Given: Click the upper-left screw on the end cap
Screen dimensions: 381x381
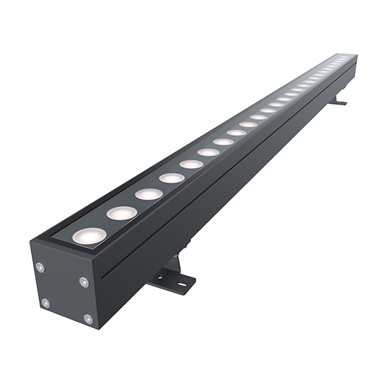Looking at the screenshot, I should point(40,266).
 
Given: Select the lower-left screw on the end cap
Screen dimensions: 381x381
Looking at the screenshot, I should point(44,303).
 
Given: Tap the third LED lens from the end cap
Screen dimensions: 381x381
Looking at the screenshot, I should point(147,193).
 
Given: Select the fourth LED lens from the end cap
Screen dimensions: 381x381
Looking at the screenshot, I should point(171,177).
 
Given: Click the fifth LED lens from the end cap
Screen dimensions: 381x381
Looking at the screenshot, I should point(191,164).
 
